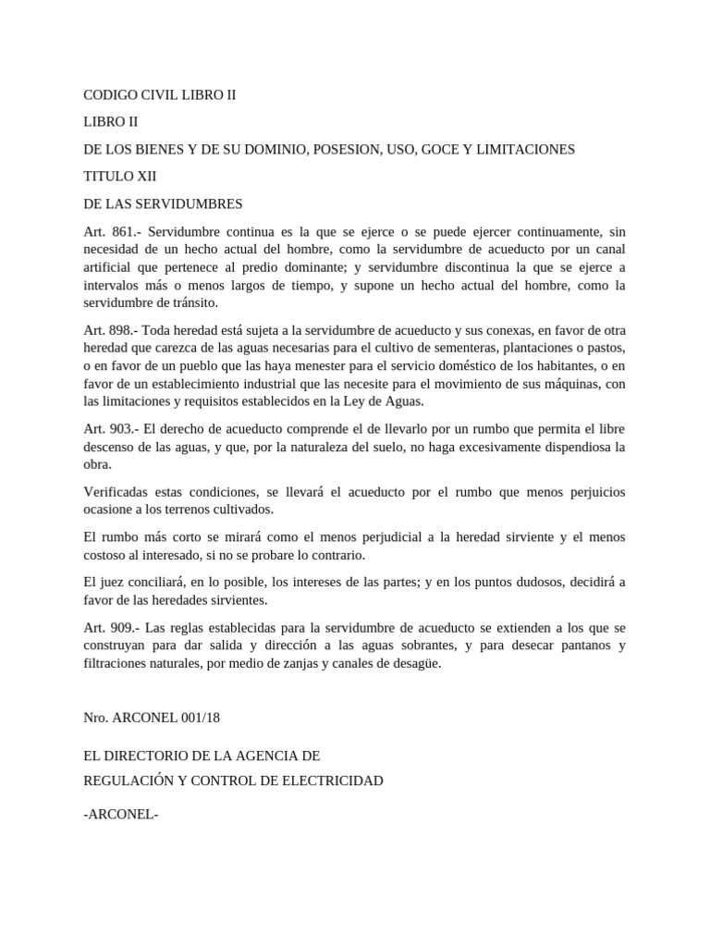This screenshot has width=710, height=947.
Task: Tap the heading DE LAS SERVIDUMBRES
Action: coord(163,203)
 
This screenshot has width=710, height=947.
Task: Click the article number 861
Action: coord(124,231)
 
